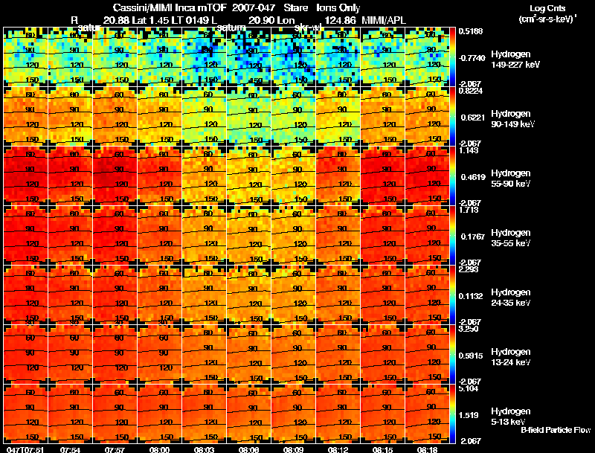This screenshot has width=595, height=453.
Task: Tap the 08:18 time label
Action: click(427, 449)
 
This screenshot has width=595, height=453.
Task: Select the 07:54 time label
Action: click(70, 449)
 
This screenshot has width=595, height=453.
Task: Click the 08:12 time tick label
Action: click(338, 449)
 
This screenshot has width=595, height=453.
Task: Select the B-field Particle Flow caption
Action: click(555, 430)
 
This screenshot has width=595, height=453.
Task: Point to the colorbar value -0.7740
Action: click(470, 57)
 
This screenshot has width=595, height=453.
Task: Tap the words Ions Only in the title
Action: click(338, 8)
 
